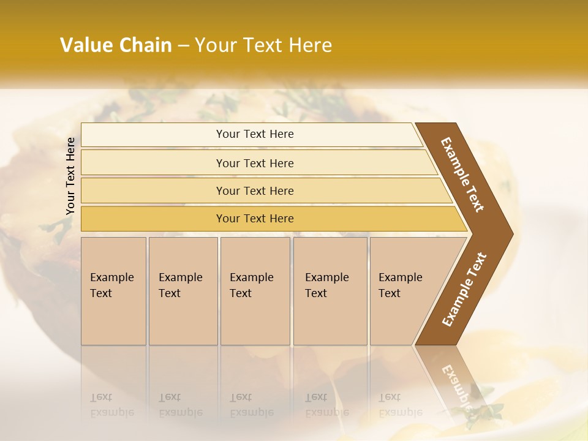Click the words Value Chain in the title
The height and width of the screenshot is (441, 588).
(x=116, y=45)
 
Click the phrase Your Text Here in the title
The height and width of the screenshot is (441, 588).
(x=263, y=45)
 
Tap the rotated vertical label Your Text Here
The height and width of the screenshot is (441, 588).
(x=70, y=176)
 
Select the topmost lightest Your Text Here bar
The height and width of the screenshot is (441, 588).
(x=254, y=134)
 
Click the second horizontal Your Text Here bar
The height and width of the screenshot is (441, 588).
(x=255, y=163)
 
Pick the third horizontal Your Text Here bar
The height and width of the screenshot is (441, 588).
(x=255, y=190)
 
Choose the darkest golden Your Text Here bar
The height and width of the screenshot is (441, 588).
(x=255, y=219)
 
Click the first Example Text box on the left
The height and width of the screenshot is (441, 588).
(x=113, y=290)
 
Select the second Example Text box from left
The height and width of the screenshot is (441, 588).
(x=183, y=290)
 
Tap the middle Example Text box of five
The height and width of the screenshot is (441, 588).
(x=255, y=290)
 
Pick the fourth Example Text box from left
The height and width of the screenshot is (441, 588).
(x=330, y=290)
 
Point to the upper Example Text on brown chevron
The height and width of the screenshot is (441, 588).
(x=462, y=175)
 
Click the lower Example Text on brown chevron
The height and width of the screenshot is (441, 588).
(x=464, y=289)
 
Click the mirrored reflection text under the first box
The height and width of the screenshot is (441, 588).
(x=112, y=405)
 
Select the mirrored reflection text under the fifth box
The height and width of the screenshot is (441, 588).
(x=401, y=405)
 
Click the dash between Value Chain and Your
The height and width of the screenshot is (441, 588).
(x=183, y=46)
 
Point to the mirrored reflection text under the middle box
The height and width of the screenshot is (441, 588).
(x=252, y=405)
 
